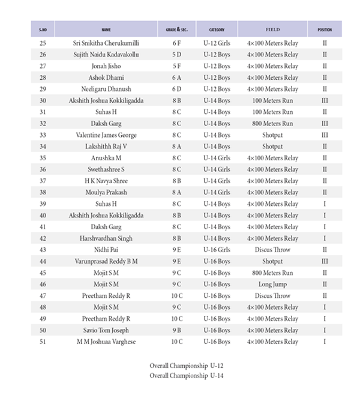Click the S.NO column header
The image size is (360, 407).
(43, 29)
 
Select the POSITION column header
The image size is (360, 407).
(325, 29)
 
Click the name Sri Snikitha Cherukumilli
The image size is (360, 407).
(106, 43)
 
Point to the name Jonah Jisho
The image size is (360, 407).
(106, 66)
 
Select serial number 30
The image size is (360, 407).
(43, 101)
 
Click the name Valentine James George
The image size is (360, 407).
(106, 135)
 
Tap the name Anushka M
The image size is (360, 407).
(106, 158)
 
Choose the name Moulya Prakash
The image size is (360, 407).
(106, 193)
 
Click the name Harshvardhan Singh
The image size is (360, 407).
(106, 238)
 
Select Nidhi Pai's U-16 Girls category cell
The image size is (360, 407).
(216, 250)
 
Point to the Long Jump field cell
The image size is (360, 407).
(272, 285)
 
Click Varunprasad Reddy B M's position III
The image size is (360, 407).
(325, 262)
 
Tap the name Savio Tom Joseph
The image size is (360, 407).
(106, 330)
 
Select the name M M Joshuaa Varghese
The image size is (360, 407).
(106, 342)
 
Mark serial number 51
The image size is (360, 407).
(43, 342)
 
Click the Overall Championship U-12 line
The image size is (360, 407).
(187, 366)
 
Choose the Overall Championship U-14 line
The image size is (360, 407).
(187, 376)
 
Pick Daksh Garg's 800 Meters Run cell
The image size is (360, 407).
(272, 124)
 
